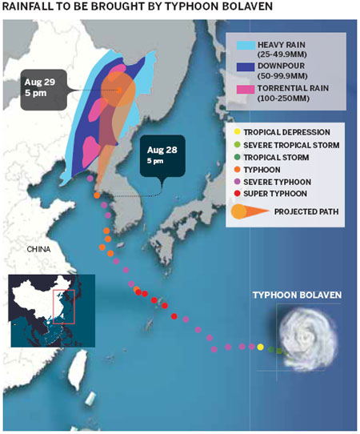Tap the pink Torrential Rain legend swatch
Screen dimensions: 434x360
(237, 97)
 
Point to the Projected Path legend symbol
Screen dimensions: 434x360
(245, 212)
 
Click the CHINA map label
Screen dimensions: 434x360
(38, 249)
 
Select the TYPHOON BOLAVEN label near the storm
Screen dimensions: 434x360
(297, 295)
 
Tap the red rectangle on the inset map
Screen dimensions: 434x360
(63, 307)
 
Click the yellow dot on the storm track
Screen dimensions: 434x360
(260, 347)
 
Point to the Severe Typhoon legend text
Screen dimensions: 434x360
(279, 182)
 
